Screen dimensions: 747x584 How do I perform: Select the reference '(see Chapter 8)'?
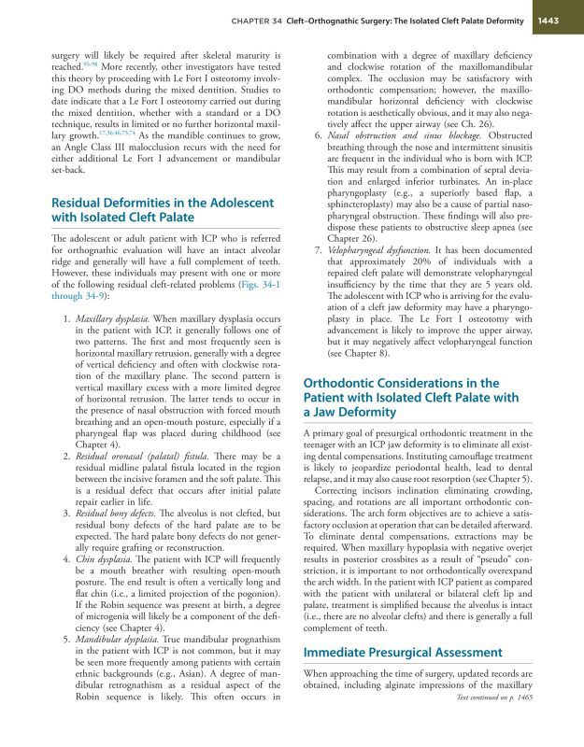(359, 357)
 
